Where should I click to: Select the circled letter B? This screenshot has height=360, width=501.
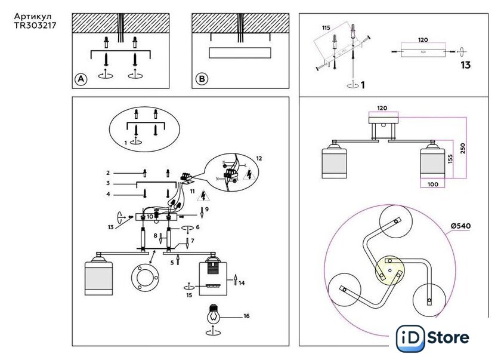202,79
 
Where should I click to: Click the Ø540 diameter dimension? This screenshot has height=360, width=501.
461,226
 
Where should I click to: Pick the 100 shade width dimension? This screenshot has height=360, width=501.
432,184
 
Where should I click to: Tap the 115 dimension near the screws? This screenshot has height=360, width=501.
326,28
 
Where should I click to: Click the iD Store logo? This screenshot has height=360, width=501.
434,338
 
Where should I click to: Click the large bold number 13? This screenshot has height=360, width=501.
465,65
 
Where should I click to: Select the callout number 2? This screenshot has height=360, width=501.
108,173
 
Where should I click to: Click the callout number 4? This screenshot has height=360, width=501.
108,195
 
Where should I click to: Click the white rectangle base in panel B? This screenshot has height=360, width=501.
239,53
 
